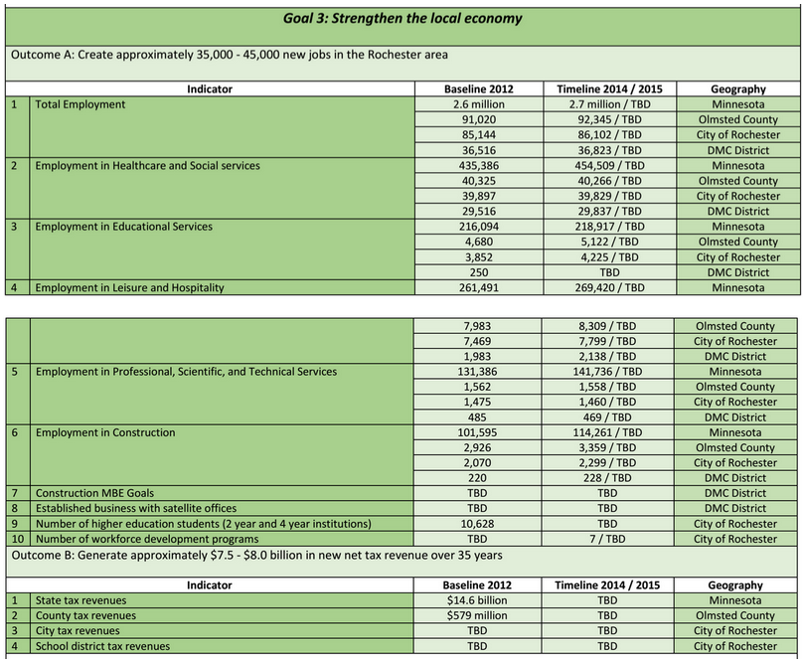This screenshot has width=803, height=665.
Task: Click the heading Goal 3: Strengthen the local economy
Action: click(x=401, y=19)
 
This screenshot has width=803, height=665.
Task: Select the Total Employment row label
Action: click(x=80, y=104)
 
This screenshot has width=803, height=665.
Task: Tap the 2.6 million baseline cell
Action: click(x=479, y=104)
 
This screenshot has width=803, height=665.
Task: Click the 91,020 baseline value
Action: click(x=479, y=119)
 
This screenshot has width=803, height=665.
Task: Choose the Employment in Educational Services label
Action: click(x=123, y=227)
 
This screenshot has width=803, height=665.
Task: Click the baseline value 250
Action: click(x=479, y=272)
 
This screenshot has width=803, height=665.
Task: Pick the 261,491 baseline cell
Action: click(x=479, y=287)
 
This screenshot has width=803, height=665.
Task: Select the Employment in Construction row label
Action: click(x=105, y=432)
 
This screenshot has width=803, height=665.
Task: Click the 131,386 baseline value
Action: click(x=479, y=372)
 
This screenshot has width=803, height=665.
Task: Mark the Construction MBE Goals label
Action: click(x=94, y=493)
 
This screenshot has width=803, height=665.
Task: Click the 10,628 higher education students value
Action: click(x=479, y=524)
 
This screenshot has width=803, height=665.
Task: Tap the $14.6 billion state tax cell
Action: click(x=479, y=600)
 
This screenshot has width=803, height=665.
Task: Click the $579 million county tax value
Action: click(x=479, y=615)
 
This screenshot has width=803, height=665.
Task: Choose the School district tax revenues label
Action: click(x=102, y=646)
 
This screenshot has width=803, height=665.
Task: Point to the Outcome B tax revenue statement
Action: click(x=256, y=555)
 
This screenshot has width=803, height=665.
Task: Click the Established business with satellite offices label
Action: click(x=136, y=508)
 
